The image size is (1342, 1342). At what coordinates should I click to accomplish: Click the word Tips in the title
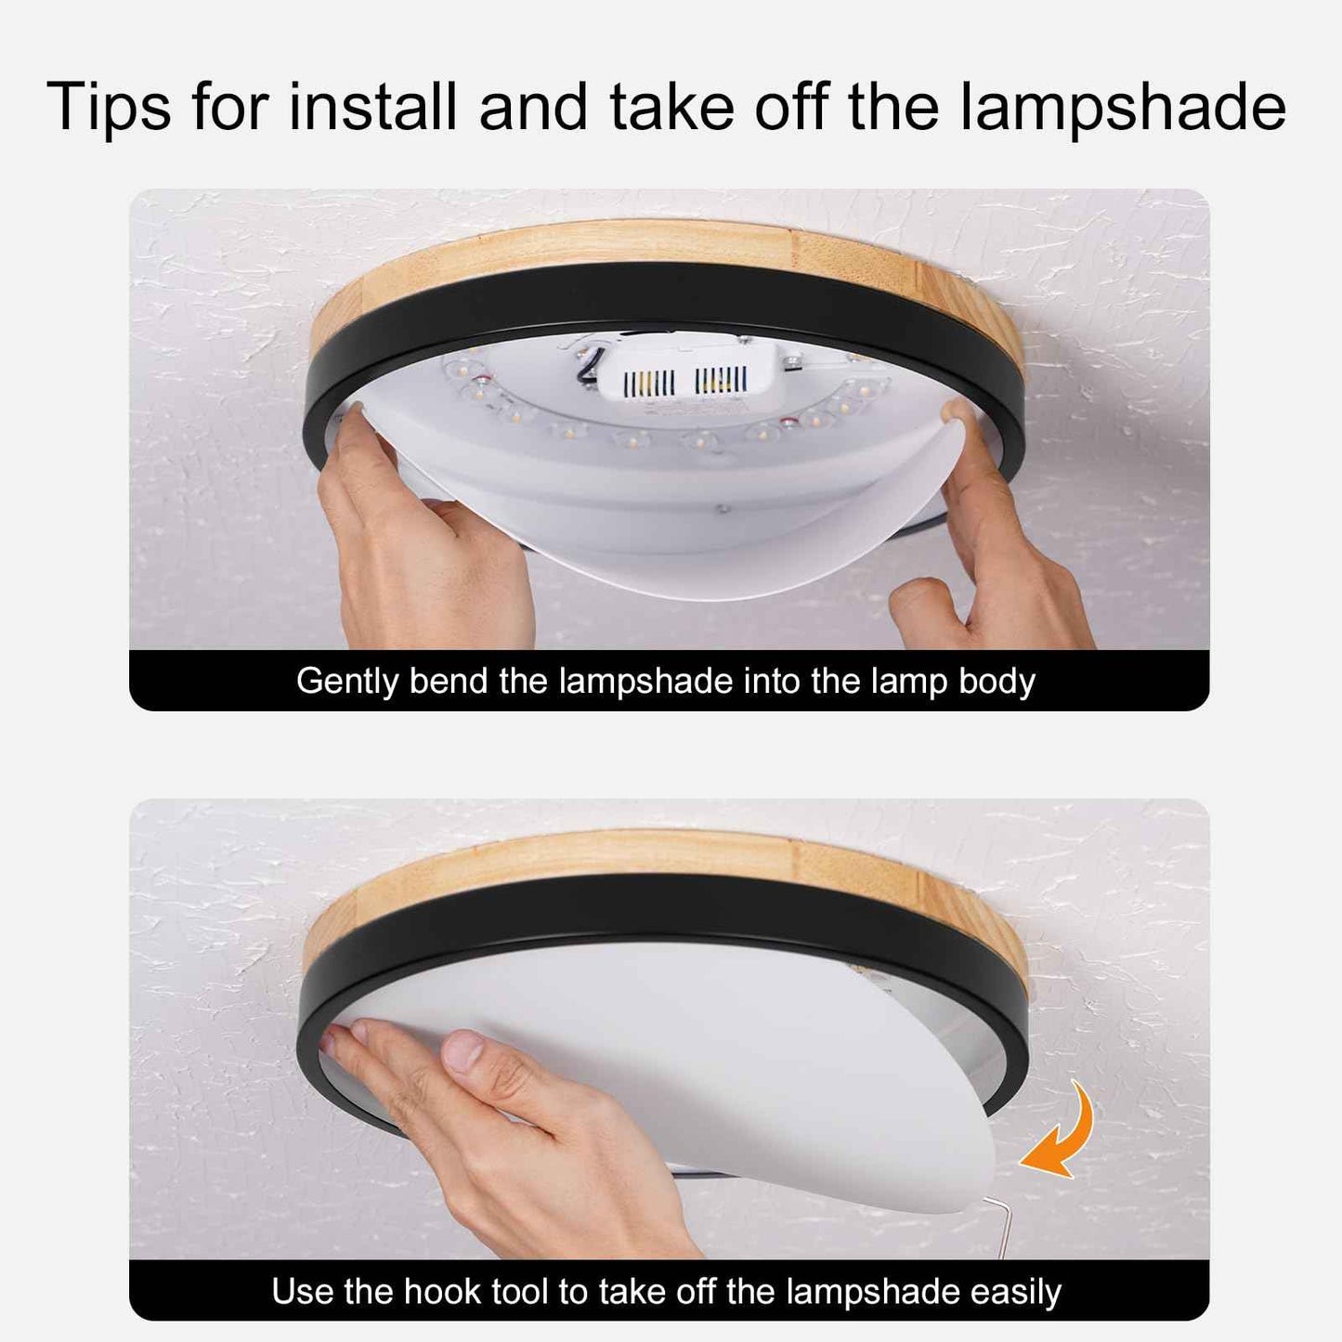[x=109, y=107]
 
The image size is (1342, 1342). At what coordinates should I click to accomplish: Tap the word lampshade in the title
[x=1123, y=107]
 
